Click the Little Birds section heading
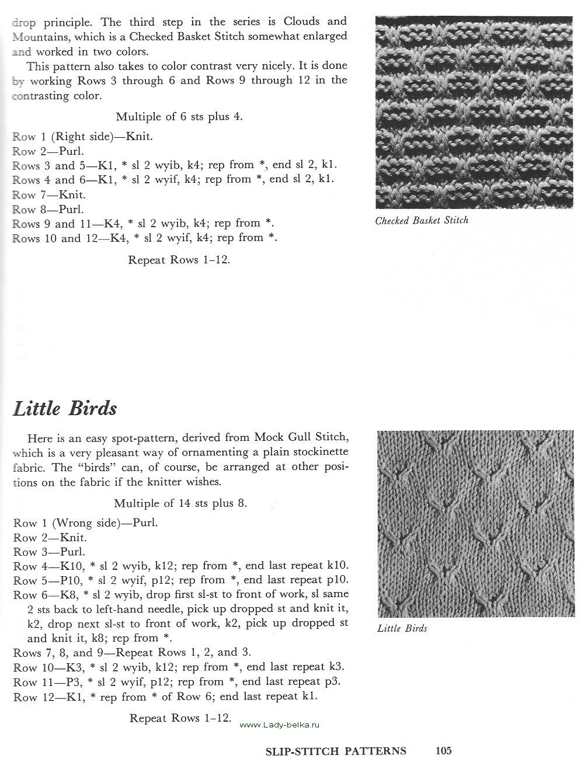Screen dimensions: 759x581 (65, 408)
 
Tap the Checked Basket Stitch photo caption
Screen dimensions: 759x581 (422, 221)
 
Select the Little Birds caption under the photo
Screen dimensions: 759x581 (402, 629)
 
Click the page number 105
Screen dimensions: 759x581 (443, 751)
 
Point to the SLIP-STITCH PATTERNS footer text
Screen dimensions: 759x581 (335, 751)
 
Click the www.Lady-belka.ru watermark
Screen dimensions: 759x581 (280, 725)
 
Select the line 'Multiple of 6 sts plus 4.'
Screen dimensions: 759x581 (179, 116)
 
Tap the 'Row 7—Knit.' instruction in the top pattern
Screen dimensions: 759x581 (49, 194)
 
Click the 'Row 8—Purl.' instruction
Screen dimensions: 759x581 (48, 209)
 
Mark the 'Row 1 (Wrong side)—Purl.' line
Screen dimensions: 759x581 (85, 523)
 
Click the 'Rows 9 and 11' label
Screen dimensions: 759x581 (50, 224)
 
